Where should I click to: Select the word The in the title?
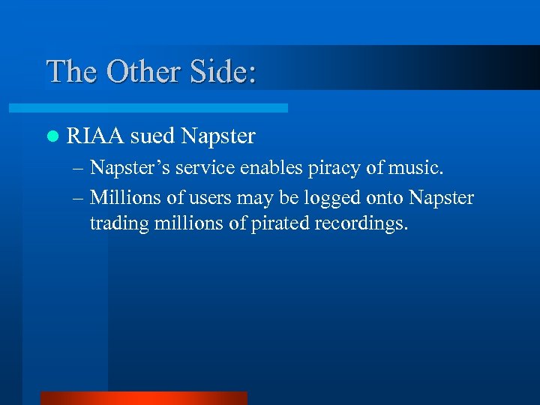click(x=71, y=71)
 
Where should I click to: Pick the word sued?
click(x=152, y=136)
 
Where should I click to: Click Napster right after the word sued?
click(x=218, y=136)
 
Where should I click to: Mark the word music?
click(x=420, y=168)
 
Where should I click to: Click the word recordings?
click(x=361, y=223)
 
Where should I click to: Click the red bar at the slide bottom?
click(x=143, y=398)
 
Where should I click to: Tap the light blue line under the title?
click(x=166, y=108)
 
